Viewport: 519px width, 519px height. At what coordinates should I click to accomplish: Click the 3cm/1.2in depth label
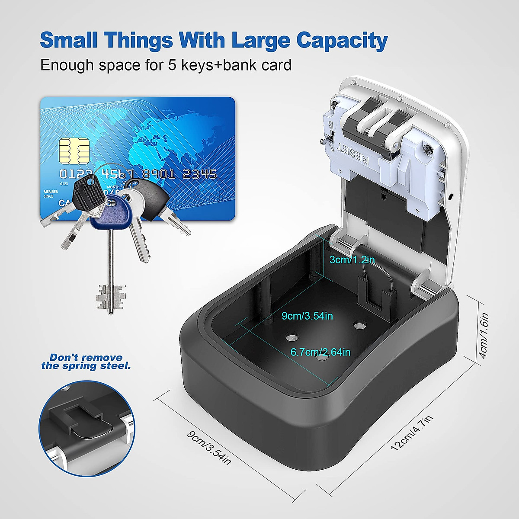(352, 260)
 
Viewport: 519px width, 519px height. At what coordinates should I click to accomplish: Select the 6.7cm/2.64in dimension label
(320, 352)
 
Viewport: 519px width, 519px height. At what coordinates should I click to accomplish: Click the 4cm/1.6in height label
(484, 335)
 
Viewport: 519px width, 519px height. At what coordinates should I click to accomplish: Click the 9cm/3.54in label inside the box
(308, 316)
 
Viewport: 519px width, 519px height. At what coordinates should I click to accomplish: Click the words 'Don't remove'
(86, 358)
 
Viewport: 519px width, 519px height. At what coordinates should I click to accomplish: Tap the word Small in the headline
(69, 40)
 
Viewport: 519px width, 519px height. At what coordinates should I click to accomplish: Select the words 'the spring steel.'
(86, 366)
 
